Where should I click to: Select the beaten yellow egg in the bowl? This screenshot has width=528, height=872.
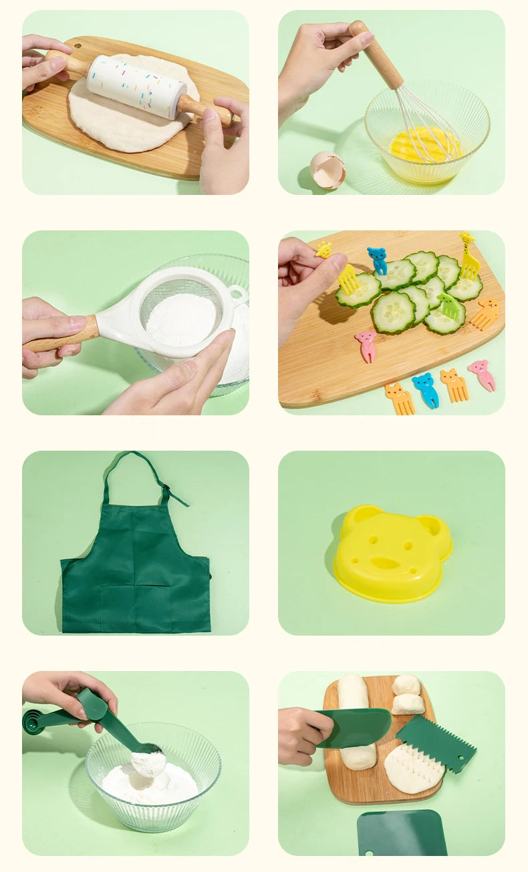[x=425, y=144]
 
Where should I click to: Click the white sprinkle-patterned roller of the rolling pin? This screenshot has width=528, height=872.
[x=136, y=87]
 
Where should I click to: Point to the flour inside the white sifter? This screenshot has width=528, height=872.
[x=181, y=319]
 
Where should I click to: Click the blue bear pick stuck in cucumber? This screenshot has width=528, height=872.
[x=378, y=260]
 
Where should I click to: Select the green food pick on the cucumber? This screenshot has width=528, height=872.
[x=448, y=306]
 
